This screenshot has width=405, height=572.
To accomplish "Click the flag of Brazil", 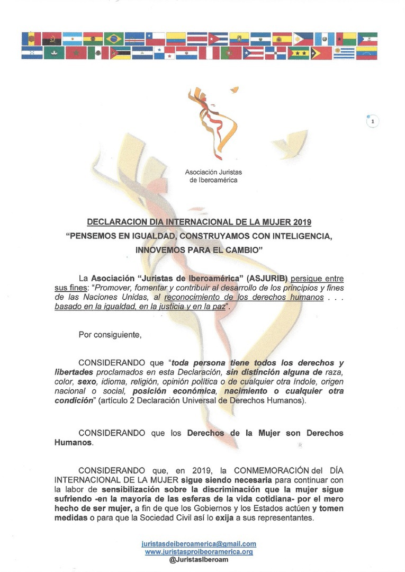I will [114, 39].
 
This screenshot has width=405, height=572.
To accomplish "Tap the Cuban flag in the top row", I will [218, 39].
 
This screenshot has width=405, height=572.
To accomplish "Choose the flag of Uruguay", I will [344, 53].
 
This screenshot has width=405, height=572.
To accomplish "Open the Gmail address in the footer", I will [199, 544].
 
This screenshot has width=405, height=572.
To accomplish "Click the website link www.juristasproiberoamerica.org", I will [199, 551].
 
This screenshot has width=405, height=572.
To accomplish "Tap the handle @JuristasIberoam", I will [199, 559].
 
